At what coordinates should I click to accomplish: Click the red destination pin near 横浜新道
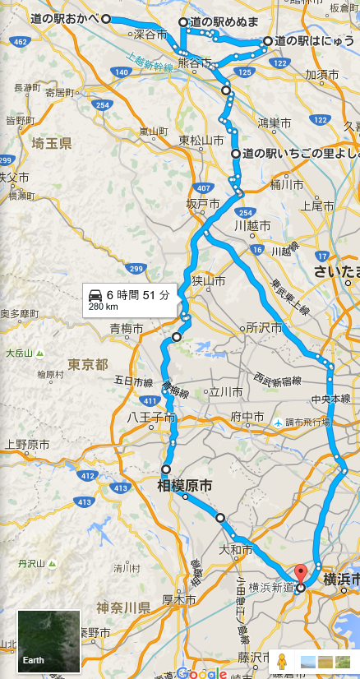(x=301, y=575)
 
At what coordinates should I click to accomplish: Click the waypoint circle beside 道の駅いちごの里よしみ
(x=236, y=154)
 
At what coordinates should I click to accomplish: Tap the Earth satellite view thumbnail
(x=49, y=641)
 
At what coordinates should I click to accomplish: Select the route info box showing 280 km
(x=130, y=300)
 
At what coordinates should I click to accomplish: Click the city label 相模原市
(x=186, y=487)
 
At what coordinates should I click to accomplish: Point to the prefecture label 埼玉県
(x=51, y=144)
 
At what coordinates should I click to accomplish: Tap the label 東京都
(x=88, y=364)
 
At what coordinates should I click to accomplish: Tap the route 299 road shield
(x=136, y=268)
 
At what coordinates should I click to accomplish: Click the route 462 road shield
(x=20, y=39)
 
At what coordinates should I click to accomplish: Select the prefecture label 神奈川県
(x=122, y=608)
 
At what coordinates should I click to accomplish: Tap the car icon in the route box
(x=95, y=294)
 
